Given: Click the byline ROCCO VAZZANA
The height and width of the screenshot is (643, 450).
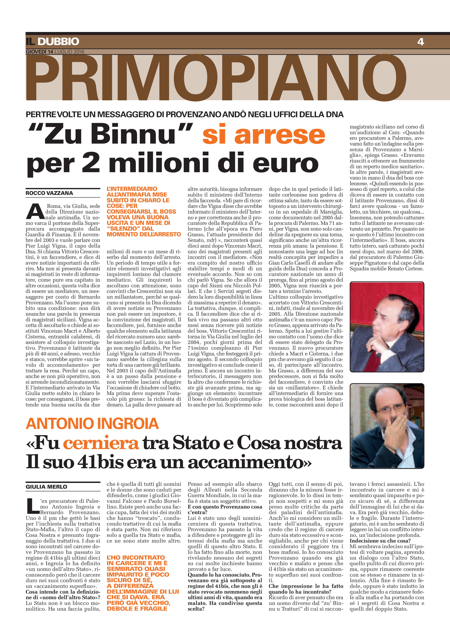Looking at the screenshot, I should click(49, 193).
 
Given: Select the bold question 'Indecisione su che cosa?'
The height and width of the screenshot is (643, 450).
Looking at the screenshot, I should click(380, 541).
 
